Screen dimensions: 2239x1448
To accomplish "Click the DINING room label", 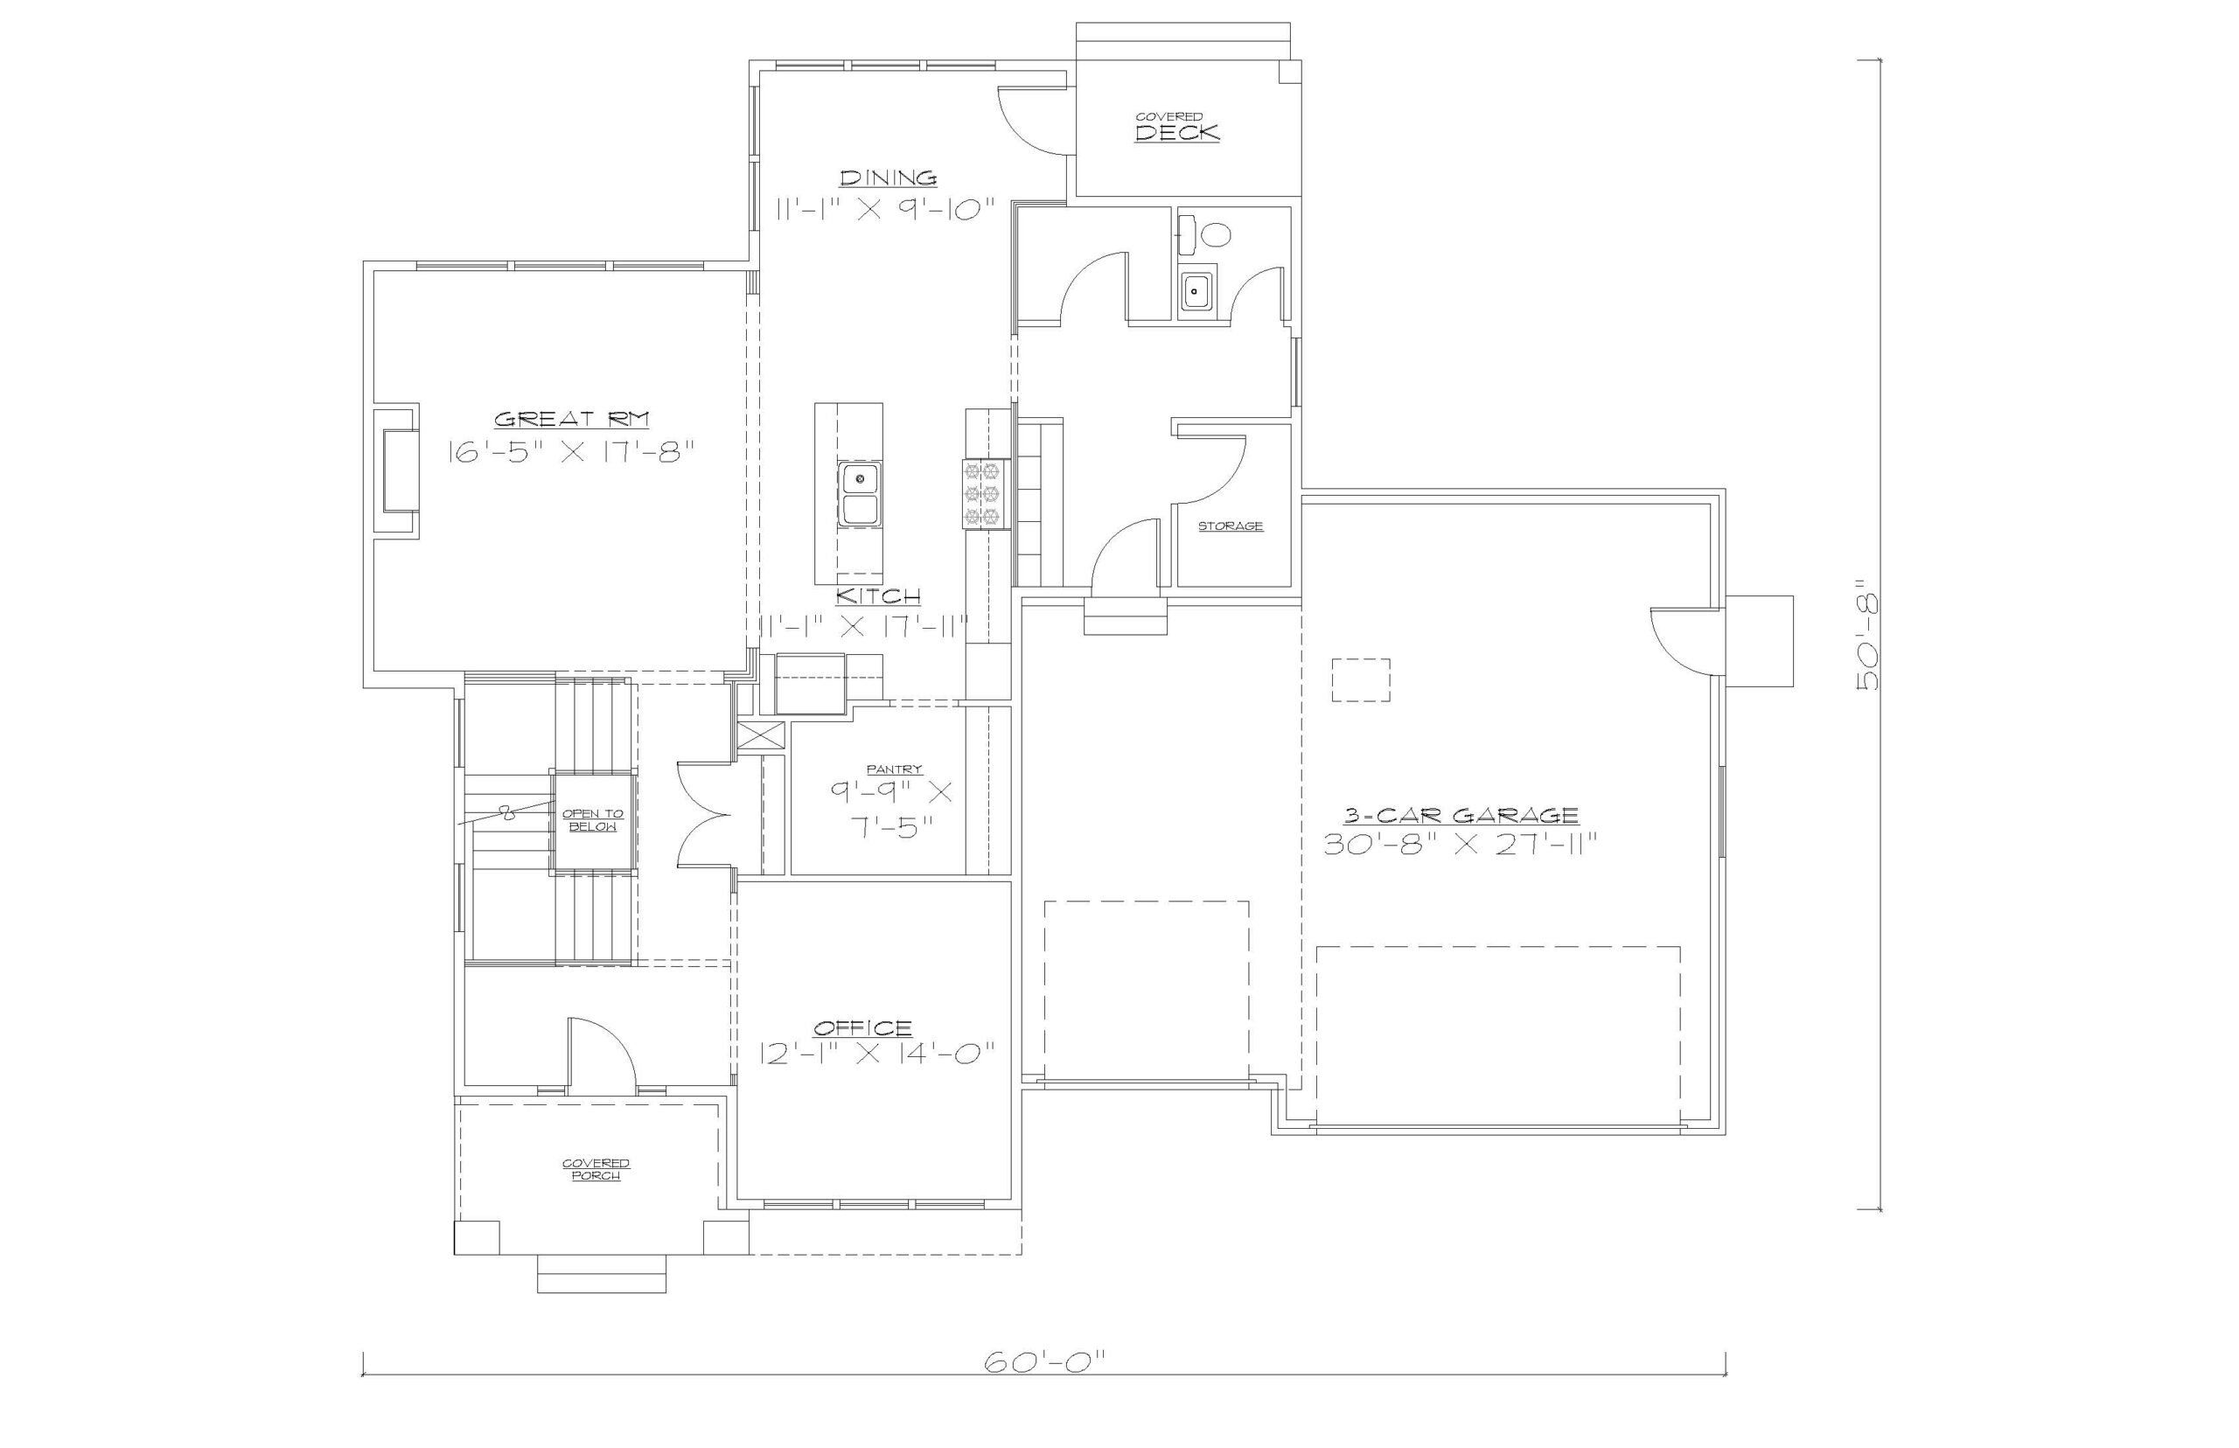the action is click(x=888, y=177).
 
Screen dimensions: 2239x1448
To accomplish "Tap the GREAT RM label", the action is click(x=572, y=419).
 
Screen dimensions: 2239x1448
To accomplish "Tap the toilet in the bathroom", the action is click(x=1204, y=234).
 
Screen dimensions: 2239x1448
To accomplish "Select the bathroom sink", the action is click(x=1196, y=291).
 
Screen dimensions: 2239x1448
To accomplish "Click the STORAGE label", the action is click(x=1230, y=526).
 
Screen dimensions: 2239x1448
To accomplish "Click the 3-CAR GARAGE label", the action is click(x=1461, y=814).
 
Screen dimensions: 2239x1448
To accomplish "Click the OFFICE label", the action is click(x=862, y=1027).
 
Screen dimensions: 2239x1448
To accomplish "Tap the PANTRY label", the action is click(x=893, y=769).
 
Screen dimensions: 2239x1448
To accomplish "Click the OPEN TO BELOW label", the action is click(x=592, y=820).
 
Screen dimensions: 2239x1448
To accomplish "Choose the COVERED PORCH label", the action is click(x=596, y=1169).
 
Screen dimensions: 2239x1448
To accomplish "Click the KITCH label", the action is click(x=878, y=595).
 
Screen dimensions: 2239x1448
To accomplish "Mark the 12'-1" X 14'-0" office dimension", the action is click(x=877, y=1053).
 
